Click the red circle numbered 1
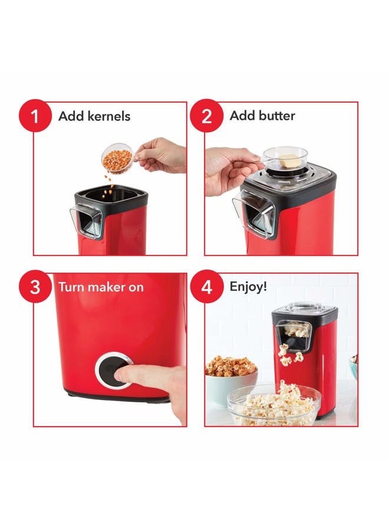35,115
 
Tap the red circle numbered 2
206,115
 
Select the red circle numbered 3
35,287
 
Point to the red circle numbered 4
206,287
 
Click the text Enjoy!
248,287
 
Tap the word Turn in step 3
71,287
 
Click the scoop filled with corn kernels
117,159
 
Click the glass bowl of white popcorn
273,405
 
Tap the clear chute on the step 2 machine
253,214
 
